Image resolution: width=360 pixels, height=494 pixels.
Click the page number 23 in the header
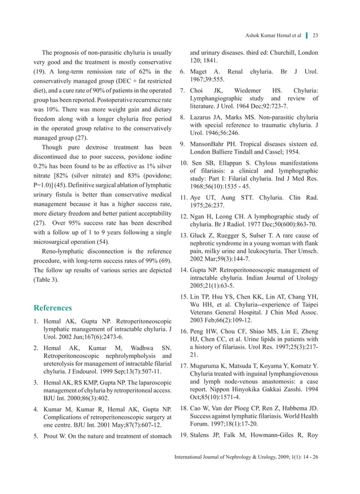point(315,36)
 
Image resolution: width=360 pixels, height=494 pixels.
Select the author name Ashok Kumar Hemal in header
point(269,36)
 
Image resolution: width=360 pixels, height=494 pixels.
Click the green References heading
point(52,308)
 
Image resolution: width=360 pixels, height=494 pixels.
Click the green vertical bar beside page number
point(306,36)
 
